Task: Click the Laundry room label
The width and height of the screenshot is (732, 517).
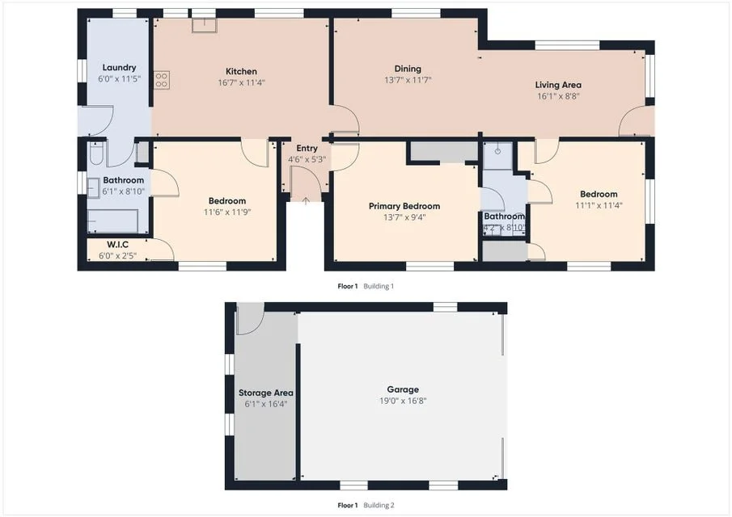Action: [119, 68]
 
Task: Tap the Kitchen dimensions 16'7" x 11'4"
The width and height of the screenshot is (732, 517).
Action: [241, 82]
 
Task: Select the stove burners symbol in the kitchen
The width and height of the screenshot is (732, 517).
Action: [161, 79]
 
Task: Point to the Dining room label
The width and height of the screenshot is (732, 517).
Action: [408, 69]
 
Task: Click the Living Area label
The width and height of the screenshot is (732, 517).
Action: [558, 85]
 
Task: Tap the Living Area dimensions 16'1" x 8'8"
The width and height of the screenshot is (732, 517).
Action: [558, 96]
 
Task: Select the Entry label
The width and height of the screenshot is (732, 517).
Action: [307, 148]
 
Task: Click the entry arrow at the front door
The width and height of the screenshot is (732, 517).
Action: [306, 200]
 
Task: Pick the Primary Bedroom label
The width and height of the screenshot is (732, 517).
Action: [404, 206]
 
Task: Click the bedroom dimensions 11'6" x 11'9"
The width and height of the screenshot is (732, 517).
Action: [226, 212]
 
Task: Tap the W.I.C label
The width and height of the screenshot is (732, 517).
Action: [118, 244]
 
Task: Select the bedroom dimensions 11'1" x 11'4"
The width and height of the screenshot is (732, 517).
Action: [599, 205]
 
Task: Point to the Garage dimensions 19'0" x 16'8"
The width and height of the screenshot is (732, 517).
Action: [403, 401]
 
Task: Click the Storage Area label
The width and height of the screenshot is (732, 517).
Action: [265, 393]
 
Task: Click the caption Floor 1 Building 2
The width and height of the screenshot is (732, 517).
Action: [366, 505]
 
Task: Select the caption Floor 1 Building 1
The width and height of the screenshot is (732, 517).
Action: [366, 286]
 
